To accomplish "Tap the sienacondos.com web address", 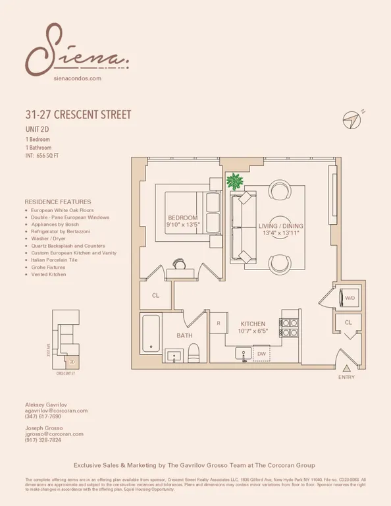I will click(76, 78).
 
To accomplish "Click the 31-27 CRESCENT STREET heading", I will click(78, 115).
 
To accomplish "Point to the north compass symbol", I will click(353, 119).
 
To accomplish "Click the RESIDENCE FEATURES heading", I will click(58, 202).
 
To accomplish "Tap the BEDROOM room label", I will click(182, 218).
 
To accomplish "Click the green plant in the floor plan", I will click(234, 181).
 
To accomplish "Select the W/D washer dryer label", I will click(349, 297).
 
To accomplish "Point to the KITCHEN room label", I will click(253, 324).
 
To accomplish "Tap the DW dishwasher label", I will click(261, 354).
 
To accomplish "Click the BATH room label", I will click(184, 336).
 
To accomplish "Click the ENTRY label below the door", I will click(346, 378).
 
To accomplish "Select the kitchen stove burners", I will click(288, 328).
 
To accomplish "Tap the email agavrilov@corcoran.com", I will click(56, 410).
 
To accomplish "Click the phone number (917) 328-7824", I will click(43, 440).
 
